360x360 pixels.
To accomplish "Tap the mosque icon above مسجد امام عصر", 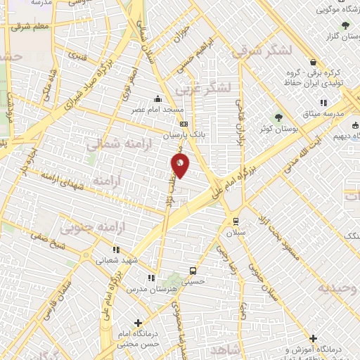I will [x=160, y=98].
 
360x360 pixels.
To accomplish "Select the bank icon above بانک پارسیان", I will [x=184, y=123].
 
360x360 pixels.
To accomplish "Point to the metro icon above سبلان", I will [x=235, y=219].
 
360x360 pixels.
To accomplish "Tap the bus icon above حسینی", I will [x=193, y=269].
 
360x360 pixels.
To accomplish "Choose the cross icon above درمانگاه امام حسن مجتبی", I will [x=138, y=323].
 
